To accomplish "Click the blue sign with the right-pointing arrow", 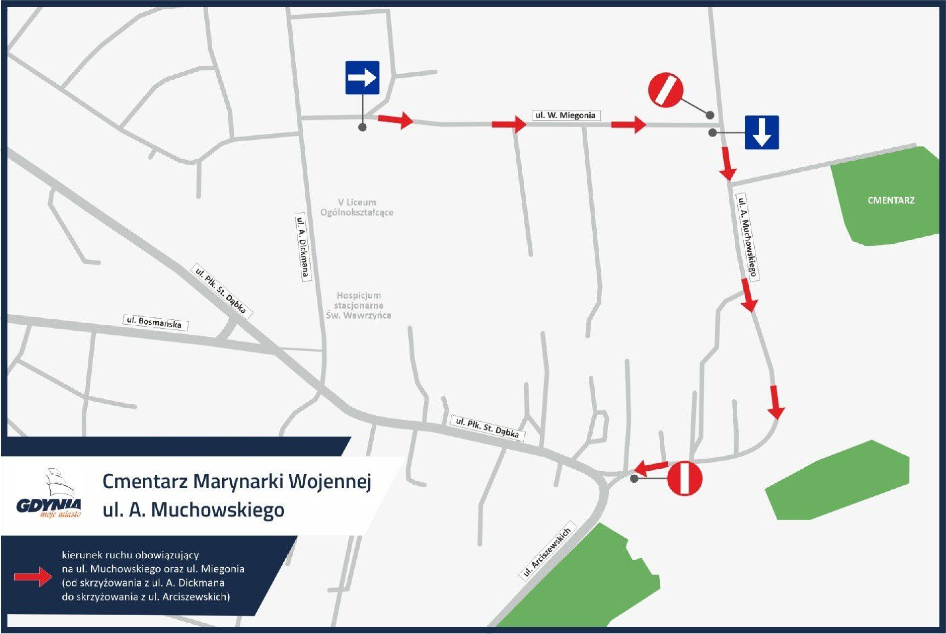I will (x=362, y=77).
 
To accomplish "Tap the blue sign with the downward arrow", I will (x=762, y=132).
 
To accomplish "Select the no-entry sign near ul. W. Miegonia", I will (x=665, y=90).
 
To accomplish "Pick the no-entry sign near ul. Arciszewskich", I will (x=684, y=478).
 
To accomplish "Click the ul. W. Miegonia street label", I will (x=565, y=115).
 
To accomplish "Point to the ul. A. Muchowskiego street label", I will (x=747, y=237).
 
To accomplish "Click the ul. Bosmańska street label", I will (x=155, y=322).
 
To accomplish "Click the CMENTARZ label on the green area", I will (x=891, y=201).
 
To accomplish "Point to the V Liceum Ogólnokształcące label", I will (x=357, y=207).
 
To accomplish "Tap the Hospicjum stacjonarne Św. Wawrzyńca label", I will (x=359, y=305).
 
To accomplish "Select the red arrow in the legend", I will (x=33, y=576).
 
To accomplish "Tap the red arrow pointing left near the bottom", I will (x=651, y=468).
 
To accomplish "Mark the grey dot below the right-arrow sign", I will (x=363, y=127).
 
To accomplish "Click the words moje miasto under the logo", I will (x=61, y=514).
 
